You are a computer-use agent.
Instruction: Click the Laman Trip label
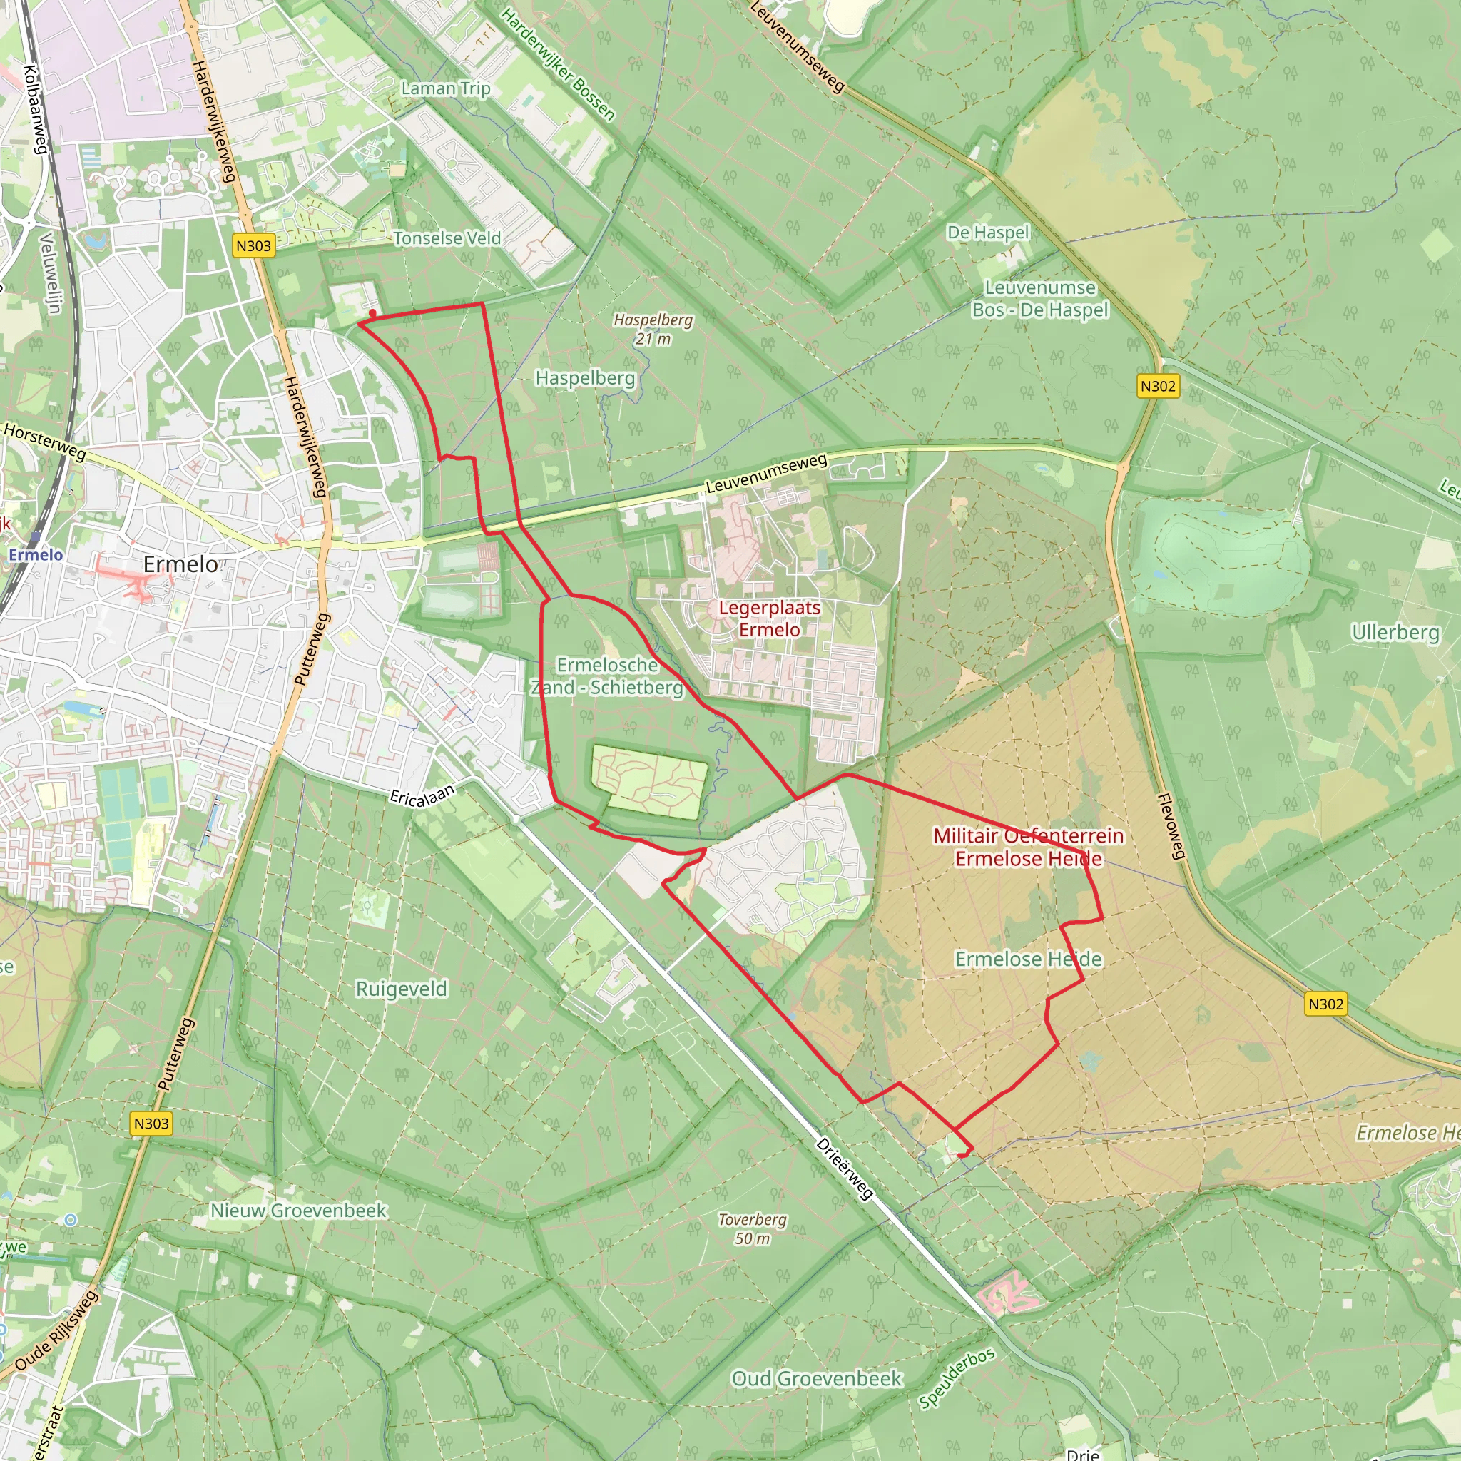pos(445,88)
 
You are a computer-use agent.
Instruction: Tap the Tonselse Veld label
pos(447,238)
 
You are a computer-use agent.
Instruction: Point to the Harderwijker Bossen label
pos(558,64)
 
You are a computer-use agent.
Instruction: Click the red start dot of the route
pos(372,312)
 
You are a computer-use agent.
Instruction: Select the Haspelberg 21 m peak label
pos(653,329)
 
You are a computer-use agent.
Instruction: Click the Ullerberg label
pos(1395,631)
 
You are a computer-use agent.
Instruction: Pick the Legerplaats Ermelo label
pos(769,618)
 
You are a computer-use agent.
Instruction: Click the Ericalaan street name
pos(422,795)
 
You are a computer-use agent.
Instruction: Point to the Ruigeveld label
pos(402,989)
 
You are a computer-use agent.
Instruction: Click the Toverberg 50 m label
pos(753,1229)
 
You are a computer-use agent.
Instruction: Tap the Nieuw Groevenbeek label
pos(299,1211)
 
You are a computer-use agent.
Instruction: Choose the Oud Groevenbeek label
pos(817,1378)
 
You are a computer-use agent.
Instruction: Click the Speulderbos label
pos(957,1378)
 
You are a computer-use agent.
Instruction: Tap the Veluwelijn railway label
pos(50,273)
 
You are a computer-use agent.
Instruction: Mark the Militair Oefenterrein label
pos(1029,835)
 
